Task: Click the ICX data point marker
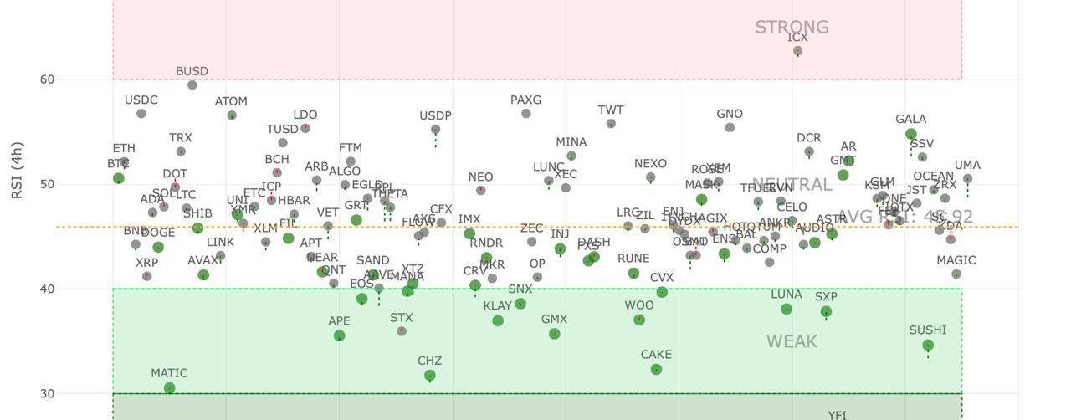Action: [x=798, y=52]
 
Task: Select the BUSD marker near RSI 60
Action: [x=192, y=85]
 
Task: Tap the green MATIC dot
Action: [x=170, y=388]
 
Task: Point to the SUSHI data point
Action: [x=928, y=346]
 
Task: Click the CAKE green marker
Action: [x=656, y=369]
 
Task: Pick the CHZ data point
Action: [x=430, y=376]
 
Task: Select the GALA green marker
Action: [x=911, y=134]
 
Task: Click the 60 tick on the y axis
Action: [x=47, y=79]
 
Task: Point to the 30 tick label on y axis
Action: [x=47, y=393]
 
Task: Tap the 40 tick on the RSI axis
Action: [x=47, y=289]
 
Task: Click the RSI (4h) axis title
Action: [x=17, y=170]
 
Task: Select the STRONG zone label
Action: [x=792, y=28]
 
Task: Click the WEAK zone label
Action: [x=792, y=341]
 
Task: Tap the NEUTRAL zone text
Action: [x=792, y=185]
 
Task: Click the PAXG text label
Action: [x=525, y=100]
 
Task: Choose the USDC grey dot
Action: [x=141, y=114]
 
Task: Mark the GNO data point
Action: [x=730, y=128]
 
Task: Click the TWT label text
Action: [x=611, y=110]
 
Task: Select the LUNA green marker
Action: [x=787, y=309]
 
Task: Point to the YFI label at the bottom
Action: [x=837, y=415]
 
